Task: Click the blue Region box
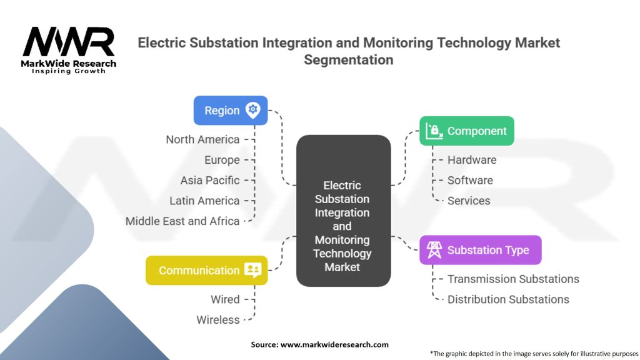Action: coord(231,110)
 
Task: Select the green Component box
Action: coord(466,131)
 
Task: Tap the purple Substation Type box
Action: coord(481,250)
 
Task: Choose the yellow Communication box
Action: coord(206,270)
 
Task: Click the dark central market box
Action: coord(343,211)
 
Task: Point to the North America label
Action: coord(202,139)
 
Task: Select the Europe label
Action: coord(222,160)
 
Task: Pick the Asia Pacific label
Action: coord(210,181)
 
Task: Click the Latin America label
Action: coord(204,201)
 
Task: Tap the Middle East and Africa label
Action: coord(182,221)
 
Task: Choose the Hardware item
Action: coord(472,160)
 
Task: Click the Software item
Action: coord(470,181)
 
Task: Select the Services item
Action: coord(469,201)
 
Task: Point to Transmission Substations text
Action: coord(514,279)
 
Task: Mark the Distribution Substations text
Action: coord(508,299)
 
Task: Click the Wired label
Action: coord(225,299)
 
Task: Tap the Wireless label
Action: coord(218,320)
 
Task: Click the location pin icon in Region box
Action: coord(253,110)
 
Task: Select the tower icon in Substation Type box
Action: coord(434,250)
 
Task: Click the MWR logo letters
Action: coord(69,42)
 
